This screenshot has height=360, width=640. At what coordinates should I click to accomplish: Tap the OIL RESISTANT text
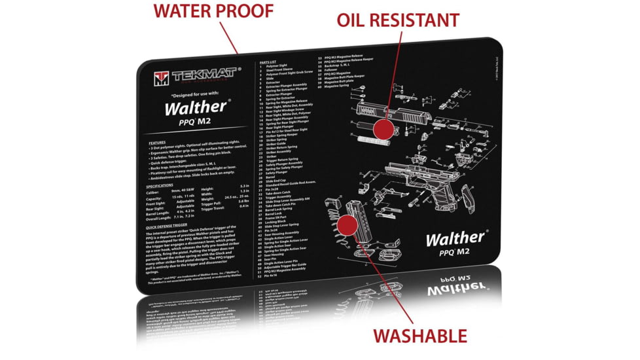click(397, 20)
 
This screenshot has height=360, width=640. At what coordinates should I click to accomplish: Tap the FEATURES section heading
click(157, 142)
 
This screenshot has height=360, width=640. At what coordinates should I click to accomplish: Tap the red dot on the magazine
click(347, 225)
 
